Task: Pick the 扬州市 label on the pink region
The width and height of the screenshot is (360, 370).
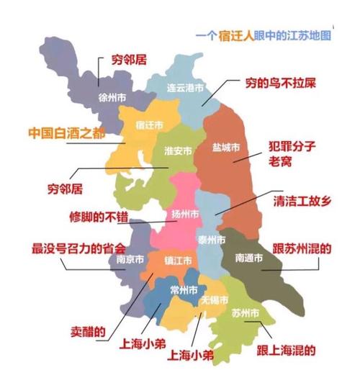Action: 186,215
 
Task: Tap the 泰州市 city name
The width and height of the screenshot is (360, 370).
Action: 211,240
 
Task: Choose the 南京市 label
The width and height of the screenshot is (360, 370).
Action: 130,259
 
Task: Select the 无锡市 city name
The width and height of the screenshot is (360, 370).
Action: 215,299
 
